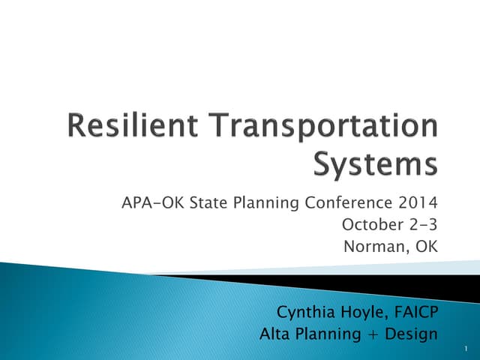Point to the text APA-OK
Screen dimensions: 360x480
[145, 202]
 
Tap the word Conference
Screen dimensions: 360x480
[352, 202]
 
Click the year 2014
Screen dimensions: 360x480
[418, 202]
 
